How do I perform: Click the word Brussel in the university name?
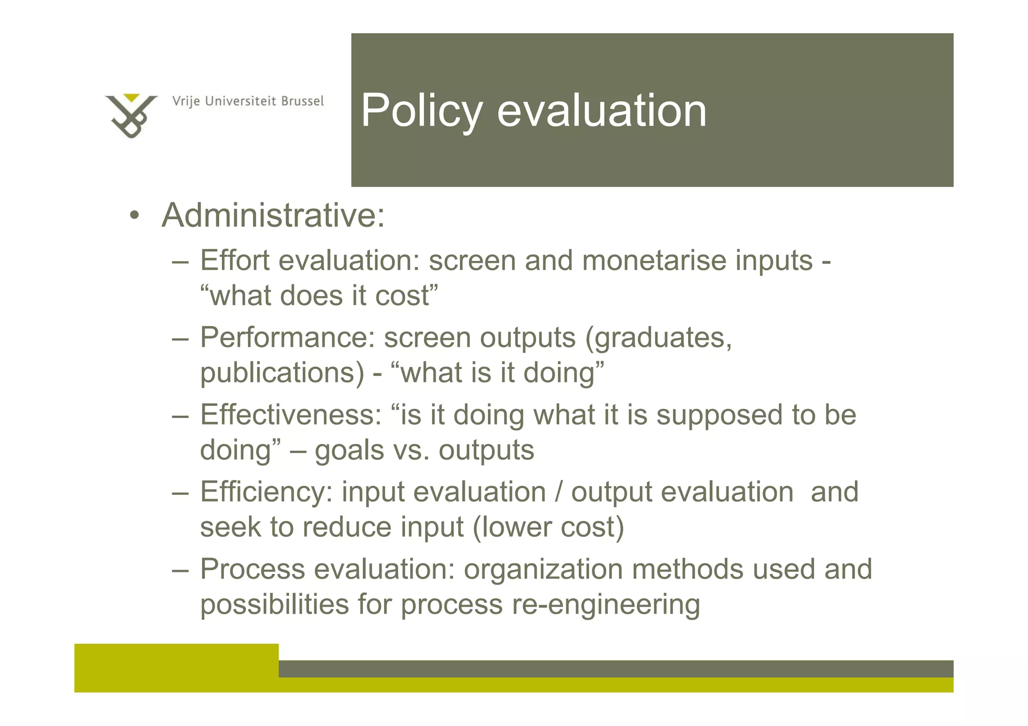[302, 101]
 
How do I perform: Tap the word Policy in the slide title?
[422, 111]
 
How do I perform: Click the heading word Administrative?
[273, 215]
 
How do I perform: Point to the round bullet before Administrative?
[134, 216]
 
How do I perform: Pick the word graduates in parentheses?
[663, 337]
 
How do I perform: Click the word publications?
[282, 372]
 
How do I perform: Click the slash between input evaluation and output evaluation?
[559, 492]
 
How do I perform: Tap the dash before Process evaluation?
[180, 570]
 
